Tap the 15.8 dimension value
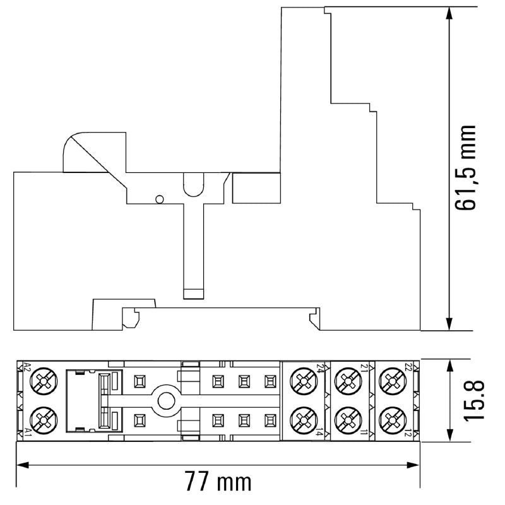coord(477,400)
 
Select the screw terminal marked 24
coord(302,381)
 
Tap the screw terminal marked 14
coord(302,417)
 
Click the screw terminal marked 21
coord(346,381)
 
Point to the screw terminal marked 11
coord(346,417)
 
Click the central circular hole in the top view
coord(167,400)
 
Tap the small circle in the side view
coord(160,199)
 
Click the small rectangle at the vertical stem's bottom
coord(193,294)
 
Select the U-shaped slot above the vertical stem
coord(193,184)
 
